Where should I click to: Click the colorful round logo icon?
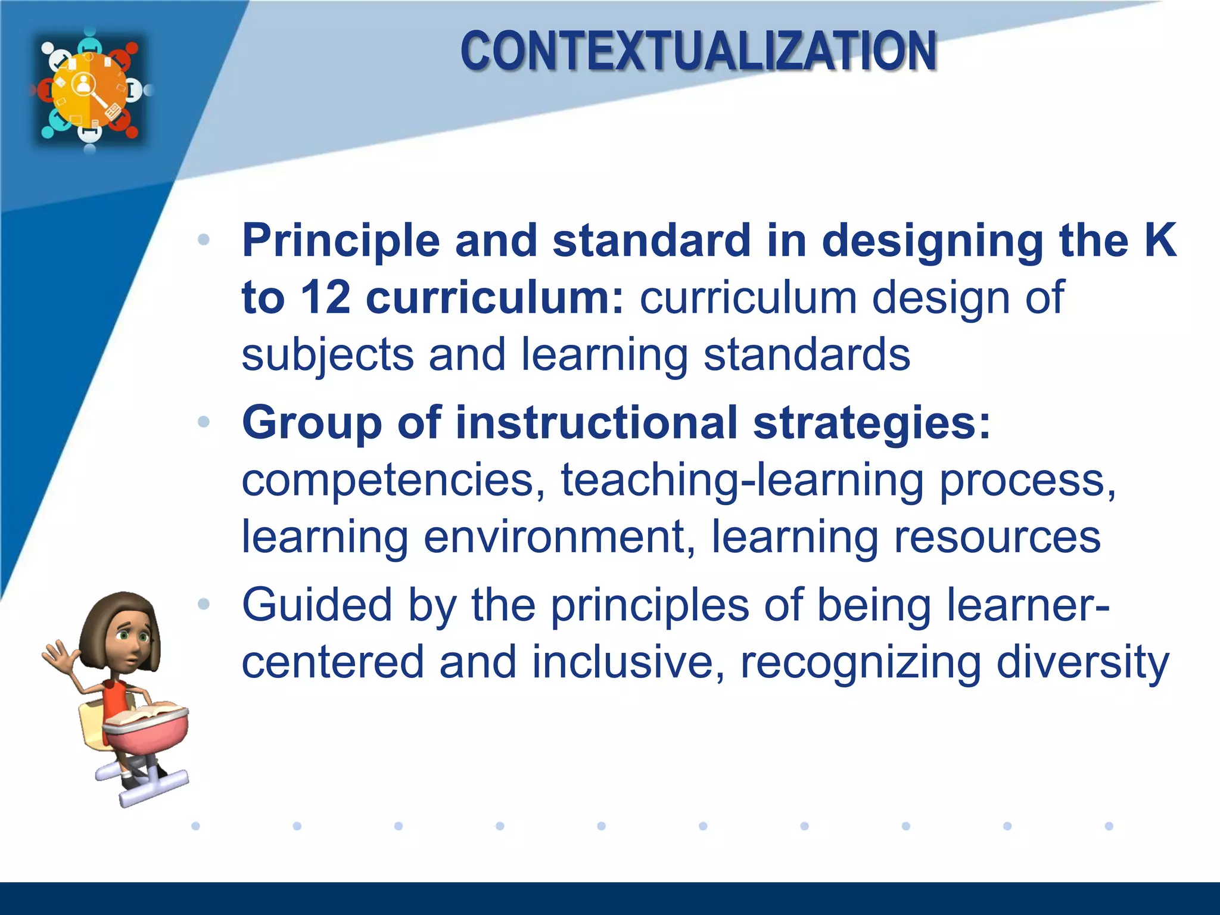(x=89, y=89)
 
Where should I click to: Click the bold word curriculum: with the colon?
(x=494, y=297)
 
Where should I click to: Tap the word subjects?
(x=327, y=355)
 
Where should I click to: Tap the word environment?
(x=553, y=537)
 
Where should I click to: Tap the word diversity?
(x=1082, y=662)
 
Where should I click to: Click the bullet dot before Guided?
(x=204, y=604)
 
